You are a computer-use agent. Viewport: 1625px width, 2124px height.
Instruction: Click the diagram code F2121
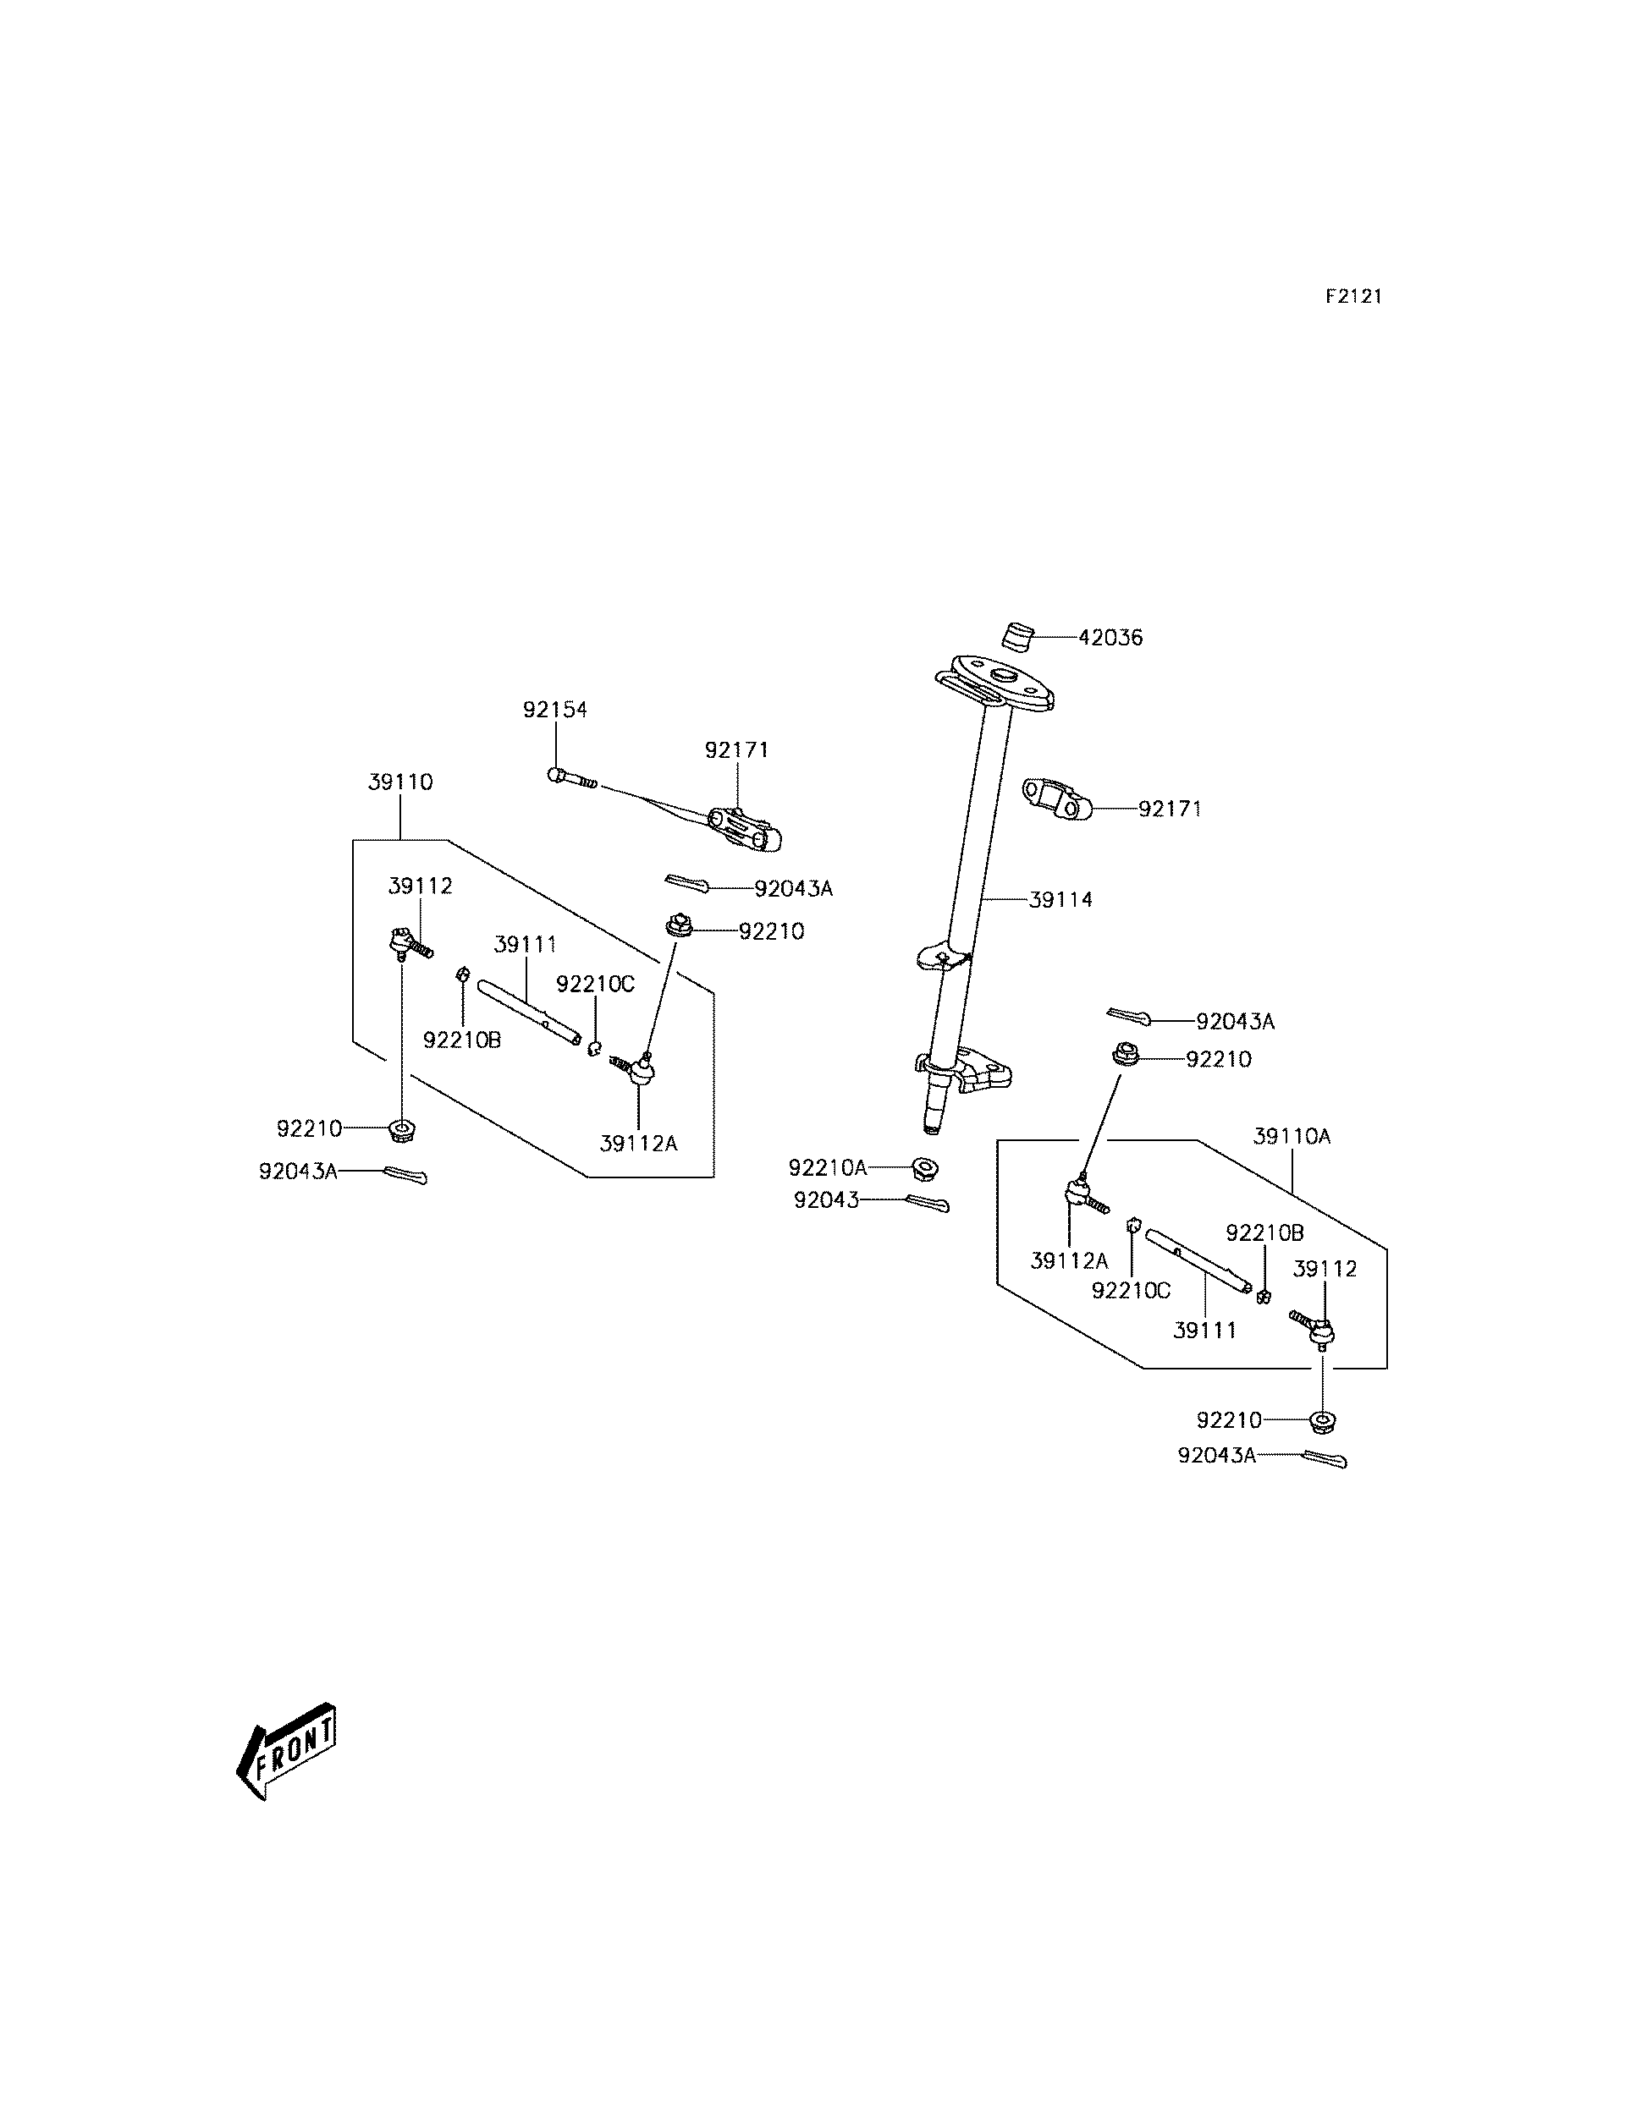tap(1353, 297)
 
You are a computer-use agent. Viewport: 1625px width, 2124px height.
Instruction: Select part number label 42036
tap(1110, 638)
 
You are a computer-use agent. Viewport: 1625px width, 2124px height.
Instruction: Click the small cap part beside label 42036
tap(1016, 639)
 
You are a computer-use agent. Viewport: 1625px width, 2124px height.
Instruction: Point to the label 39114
tap(1061, 900)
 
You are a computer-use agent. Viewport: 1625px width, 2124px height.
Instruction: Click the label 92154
tap(555, 710)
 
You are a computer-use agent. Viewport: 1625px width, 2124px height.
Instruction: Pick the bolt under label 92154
tap(574, 777)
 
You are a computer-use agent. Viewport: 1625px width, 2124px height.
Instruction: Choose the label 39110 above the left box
tap(400, 782)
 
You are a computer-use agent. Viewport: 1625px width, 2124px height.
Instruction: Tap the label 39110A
tap(1292, 1137)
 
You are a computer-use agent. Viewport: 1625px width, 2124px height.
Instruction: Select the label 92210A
tap(827, 1168)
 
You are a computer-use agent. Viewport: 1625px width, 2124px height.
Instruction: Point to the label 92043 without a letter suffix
tap(826, 1201)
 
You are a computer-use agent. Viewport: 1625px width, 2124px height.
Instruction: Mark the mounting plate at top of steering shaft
tap(995, 683)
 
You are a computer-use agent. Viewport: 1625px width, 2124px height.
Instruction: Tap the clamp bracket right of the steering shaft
tap(1056, 799)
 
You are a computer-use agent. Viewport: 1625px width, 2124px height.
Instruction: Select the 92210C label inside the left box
tap(595, 984)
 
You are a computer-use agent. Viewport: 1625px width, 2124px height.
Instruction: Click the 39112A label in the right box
tap(1069, 1260)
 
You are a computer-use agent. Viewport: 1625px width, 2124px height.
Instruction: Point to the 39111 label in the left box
tap(526, 945)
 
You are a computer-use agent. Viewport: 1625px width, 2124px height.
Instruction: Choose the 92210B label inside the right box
tap(1264, 1232)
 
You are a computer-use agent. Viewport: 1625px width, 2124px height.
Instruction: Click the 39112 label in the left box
tap(420, 886)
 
